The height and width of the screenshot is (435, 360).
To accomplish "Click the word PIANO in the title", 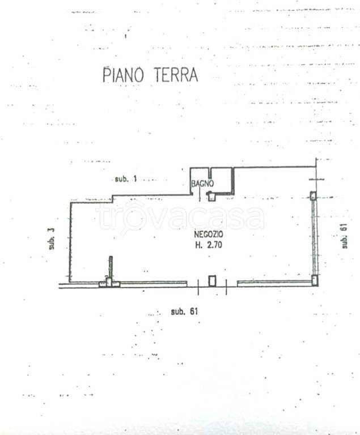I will [x=122, y=75].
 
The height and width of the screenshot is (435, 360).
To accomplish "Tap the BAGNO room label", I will [x=202, y=184].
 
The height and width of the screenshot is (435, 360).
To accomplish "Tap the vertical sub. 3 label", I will [x=51, y=238].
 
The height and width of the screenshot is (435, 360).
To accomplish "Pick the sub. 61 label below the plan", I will [x=184, y=312].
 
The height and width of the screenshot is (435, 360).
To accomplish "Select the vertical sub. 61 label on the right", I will [x=344, y=236].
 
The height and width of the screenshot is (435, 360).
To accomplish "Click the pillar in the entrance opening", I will [x=212, y=280].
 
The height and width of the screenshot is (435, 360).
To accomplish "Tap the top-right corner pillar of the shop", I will [x=313, y=196].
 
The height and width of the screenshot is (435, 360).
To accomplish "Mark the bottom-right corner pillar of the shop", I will [x=315, y=279].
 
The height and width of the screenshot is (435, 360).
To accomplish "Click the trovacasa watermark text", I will [x=180, y=218].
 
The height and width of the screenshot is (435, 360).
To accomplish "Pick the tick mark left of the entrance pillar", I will [x=198, y=288].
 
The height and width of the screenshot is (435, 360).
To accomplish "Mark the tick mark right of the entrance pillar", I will [x=226, y=288].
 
